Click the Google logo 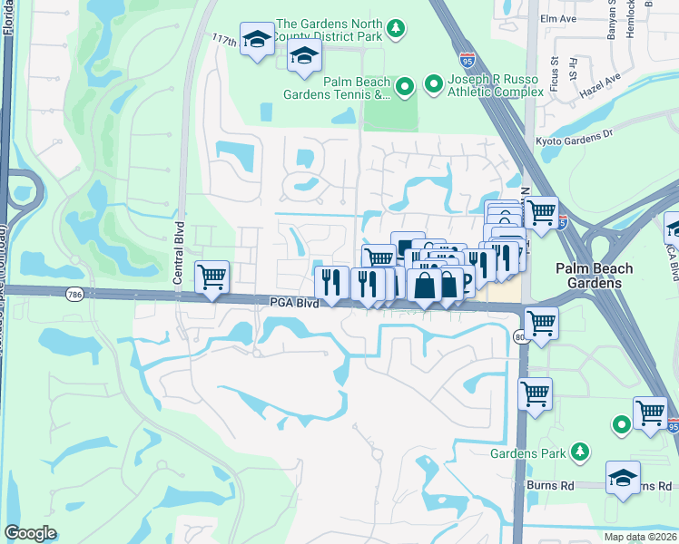pyautogui.click(x=31, y=533)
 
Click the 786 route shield pyautogui.click(x=74, y=294)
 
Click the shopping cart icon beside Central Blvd pyautogui.click(x=212, y=276)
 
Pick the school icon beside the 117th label pyautogui.click(x=258, y=40)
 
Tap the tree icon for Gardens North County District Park pyautogui.click(x=396, y=30)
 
